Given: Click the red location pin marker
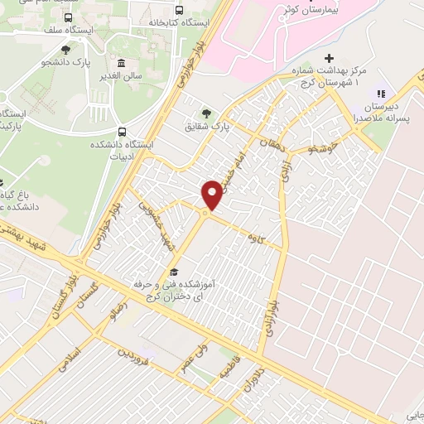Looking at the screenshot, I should tap(213, 194).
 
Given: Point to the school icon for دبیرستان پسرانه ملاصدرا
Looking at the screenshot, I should tap(382, 95).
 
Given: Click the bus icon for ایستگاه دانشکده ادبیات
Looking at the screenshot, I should tap(123, 131).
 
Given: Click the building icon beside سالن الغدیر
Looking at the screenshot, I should tap(122, 64).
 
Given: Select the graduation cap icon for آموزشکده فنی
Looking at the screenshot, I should tap(173, 271).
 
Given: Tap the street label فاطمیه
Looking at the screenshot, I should tap(224, 373).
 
